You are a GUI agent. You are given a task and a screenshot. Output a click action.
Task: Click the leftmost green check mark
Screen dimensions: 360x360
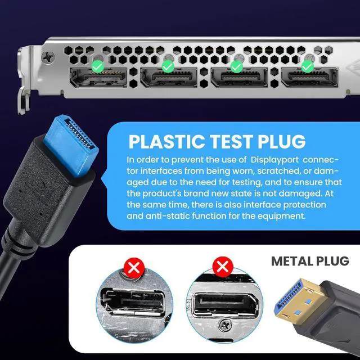[x=97, y=66]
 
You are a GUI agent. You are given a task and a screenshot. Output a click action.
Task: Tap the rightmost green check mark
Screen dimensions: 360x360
[x=308, y=66]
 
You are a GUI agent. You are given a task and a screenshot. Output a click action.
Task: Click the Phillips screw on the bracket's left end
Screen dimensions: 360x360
[x=48, y=56]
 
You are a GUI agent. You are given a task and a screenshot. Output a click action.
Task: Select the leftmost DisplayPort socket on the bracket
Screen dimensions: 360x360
[x=98, y=78]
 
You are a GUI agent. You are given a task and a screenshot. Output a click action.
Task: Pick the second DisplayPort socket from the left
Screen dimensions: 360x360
[x=169, y=78]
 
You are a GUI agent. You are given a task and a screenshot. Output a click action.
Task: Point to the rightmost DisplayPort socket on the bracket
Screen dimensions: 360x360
[x=309, y=78]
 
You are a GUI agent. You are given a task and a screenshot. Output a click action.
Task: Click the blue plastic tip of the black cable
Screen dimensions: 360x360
[x=71, y=144]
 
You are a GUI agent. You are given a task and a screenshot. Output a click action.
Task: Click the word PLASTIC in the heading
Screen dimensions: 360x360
[x=166, y=142]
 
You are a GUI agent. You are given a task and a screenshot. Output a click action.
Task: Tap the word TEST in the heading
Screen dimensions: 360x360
[x=231, y=142]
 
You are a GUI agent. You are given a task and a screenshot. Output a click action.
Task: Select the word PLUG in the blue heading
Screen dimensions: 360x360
[x=282, y=142]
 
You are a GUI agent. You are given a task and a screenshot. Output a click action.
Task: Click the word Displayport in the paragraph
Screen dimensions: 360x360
[x=274, y=160]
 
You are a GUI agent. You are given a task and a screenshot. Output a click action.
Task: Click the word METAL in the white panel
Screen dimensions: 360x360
[x=291, y=261]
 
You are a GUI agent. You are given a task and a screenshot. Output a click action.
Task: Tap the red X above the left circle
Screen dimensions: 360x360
[x=134, y=268]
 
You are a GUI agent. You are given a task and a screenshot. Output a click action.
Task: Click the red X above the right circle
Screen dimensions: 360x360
[x=223, y=267]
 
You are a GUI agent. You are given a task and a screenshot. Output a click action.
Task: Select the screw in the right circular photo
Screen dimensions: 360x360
[x=224, y=326]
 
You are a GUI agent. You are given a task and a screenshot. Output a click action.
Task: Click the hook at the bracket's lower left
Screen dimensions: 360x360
[x=24, y=101]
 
